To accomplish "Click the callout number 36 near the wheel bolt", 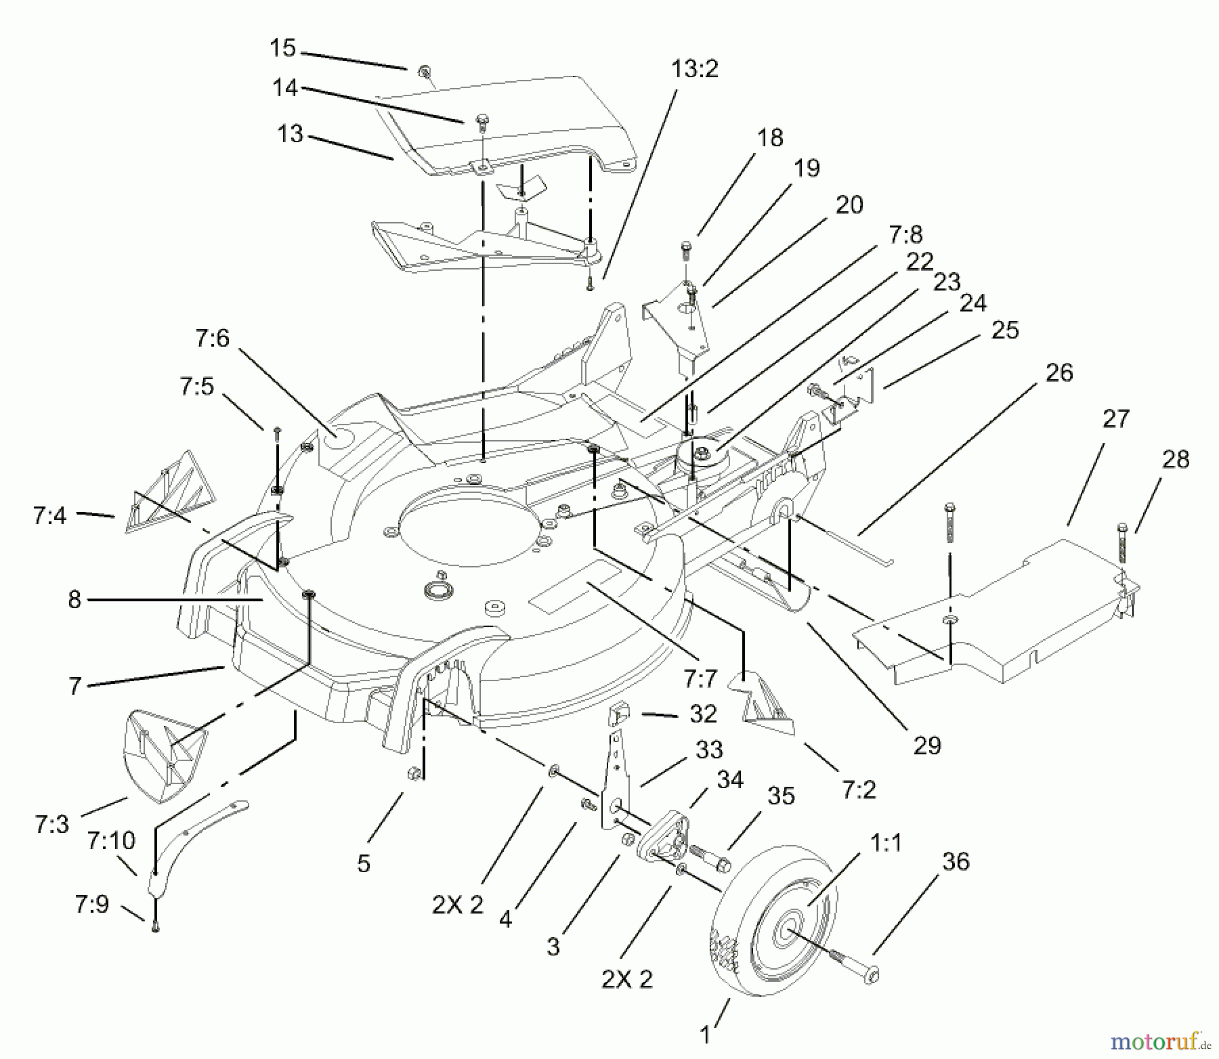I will (x=955, y=862).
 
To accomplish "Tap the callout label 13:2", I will (x=694, y=69).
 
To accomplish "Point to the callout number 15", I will (x=282, y=48).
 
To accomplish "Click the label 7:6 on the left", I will (x=213, y=338).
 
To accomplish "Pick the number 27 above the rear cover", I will (x=1115, y=419).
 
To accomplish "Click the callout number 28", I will (x=1175, y=460).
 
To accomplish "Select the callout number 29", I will (x=927, y=745).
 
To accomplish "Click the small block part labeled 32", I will (x=620, y=714).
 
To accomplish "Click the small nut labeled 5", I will (x=413, y=773).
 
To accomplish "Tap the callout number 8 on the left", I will (x=74, y=599).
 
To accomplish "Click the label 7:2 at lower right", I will (x=859, y=790).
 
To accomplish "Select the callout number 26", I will (x=1059, y=373).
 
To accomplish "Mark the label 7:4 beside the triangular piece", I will (x=49, y=517).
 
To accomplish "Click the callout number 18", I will (x=770, y=137).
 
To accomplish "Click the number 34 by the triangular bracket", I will (x=730, y=780).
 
